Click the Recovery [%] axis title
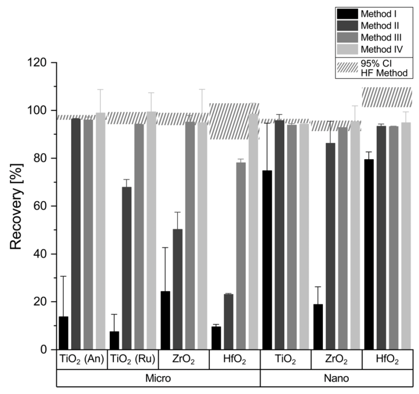(x=17, y=206)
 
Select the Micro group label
(x=158, y=378)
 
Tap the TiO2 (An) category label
(x=81, y=360)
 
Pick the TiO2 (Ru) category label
(x=132, y=360)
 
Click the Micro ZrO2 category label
(x=183, y=360)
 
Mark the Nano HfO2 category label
(x=387, y=360)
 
